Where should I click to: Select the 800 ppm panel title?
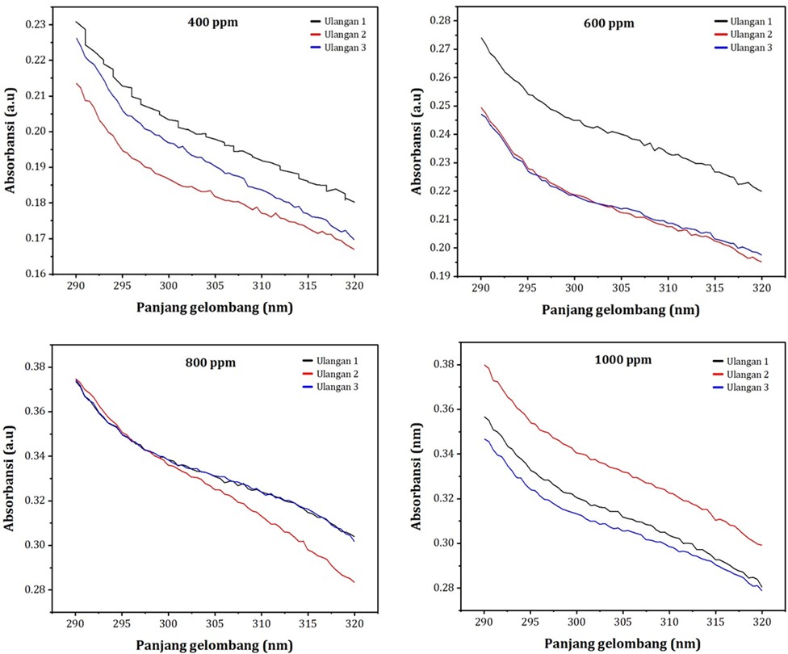[x=210, y=363]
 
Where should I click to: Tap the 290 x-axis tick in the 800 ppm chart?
[x=76, y=624]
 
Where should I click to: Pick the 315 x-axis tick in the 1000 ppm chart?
[x=714, y=622]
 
